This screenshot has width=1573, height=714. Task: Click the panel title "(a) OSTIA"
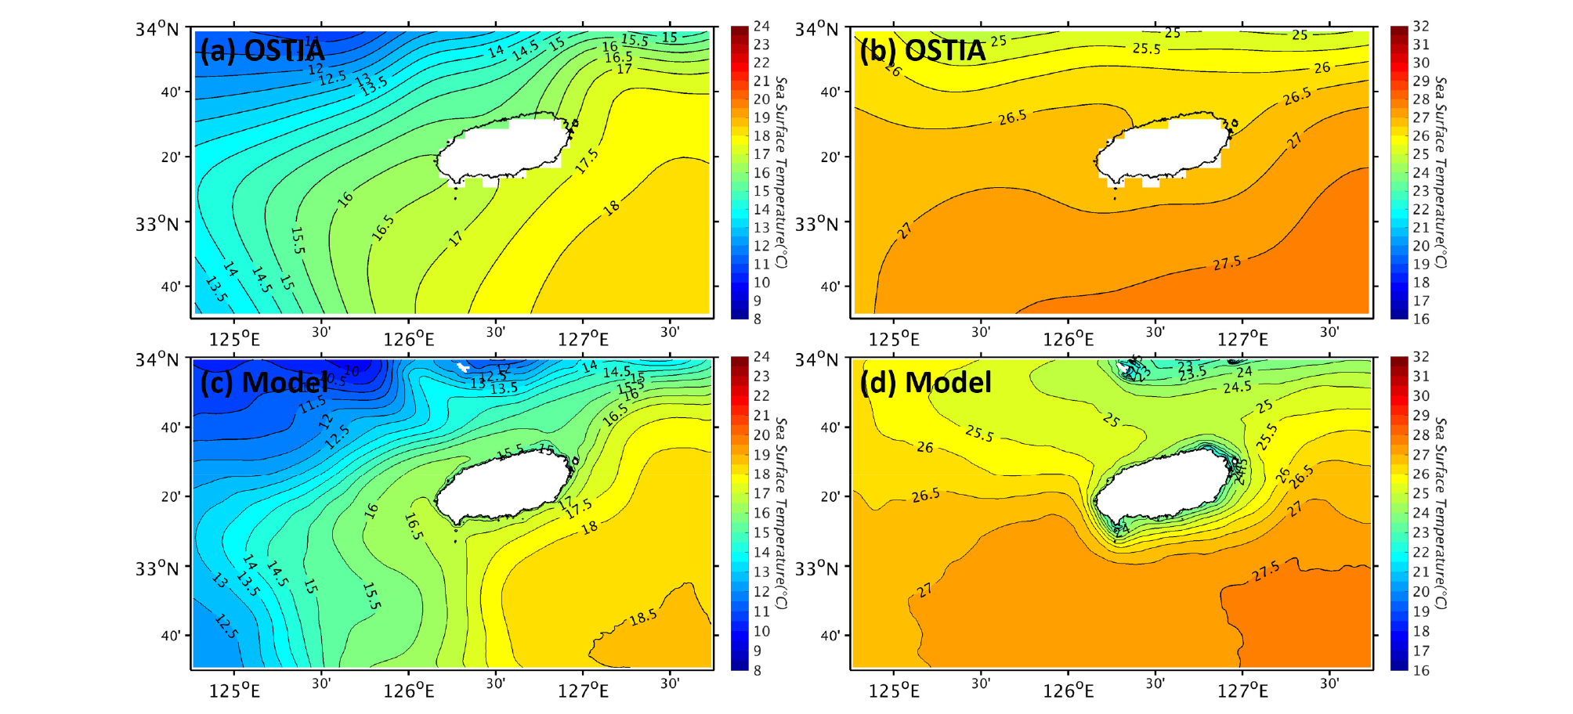coord(262,50)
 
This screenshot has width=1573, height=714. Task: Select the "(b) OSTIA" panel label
coord(922,50)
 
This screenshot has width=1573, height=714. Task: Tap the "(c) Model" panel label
coord(264,382)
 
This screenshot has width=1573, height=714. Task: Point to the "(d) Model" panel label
coord(925,382)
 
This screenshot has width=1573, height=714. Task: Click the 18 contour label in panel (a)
coord(612,207)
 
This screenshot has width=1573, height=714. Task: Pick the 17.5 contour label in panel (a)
coord(587,160)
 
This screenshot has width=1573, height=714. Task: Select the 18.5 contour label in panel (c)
coord(643,618)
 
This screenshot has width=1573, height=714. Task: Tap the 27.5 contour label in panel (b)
coord(1227,263)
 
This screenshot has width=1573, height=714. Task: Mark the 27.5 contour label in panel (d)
coord(1266,571)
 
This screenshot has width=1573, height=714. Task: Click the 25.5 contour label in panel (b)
coord(1146,49)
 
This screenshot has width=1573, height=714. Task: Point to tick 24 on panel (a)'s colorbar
coord(761,27)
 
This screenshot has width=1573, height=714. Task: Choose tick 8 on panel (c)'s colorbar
coord(758,670)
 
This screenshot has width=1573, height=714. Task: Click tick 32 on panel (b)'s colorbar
coord(1421,27)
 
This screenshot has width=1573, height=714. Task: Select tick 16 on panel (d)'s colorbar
coord(1421,670)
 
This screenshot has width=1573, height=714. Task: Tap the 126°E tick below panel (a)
coord(409,339)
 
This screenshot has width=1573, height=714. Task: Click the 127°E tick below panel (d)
coord(1242,690)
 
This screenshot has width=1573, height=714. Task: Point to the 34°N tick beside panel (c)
coord(157,360)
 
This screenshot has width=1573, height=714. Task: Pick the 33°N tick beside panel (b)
coord(817,224)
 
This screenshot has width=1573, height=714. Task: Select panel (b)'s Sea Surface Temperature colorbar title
coord(1441,172)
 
